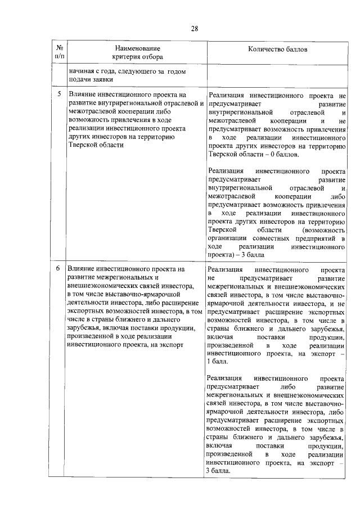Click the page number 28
click(180, 29)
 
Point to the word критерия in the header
click(127, 57)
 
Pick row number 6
click(58, 269)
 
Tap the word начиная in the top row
click(82, 71)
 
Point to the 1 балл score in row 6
click(220, 362)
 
